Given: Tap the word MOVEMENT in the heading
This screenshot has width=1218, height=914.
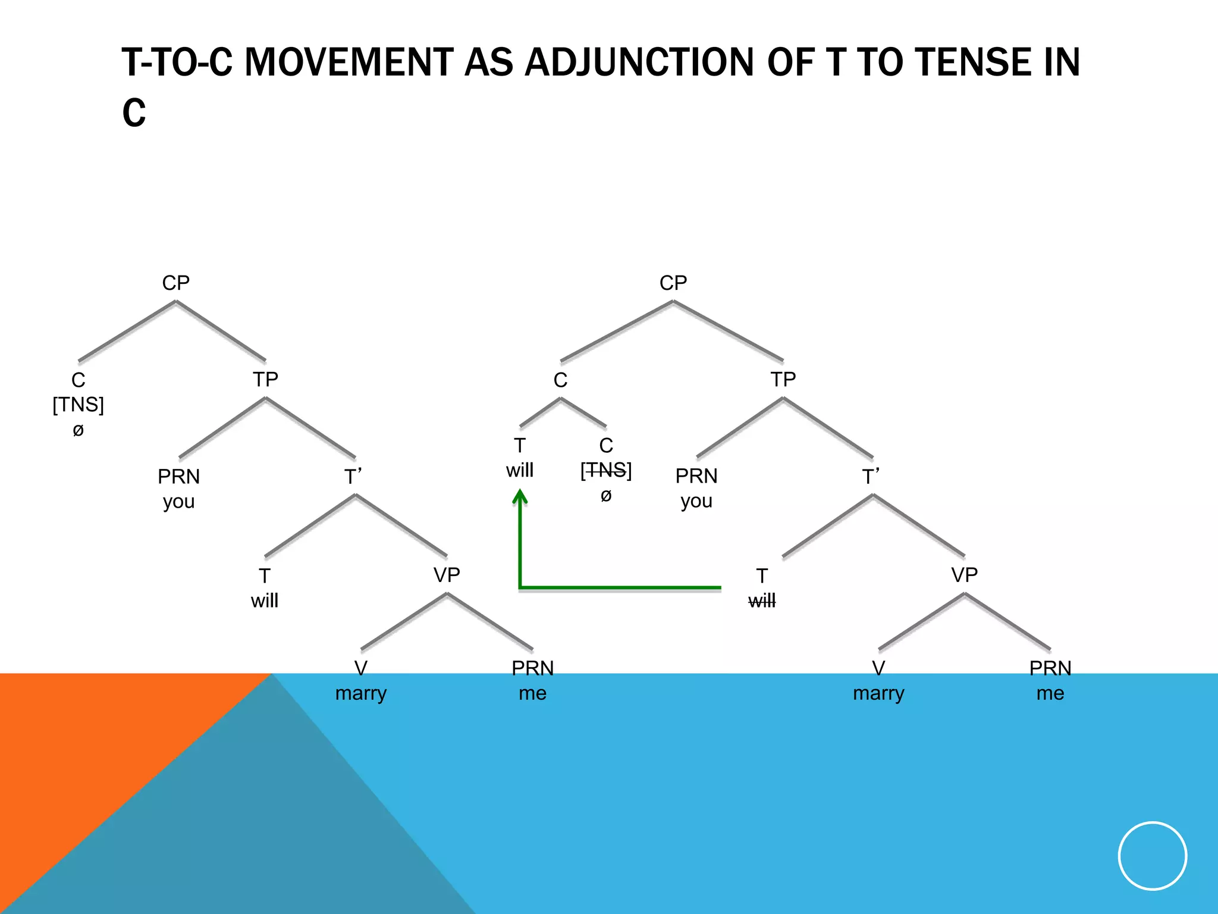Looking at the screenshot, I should pos(349,62).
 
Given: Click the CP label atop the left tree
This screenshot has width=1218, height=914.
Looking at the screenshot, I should pos(176,283).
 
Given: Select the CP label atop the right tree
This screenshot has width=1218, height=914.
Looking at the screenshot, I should pos(673,283).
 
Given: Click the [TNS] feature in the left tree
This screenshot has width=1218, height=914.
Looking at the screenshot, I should pos(79,405).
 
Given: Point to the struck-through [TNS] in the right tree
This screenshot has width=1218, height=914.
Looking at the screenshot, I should pos(606,471).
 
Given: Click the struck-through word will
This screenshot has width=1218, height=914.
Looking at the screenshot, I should pos(762,601).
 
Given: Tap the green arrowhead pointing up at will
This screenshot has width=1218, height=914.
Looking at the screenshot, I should pos(520,497).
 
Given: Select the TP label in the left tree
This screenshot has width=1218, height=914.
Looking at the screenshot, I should pos(265,379).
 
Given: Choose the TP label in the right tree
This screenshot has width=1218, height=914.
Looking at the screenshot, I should pos(783,379).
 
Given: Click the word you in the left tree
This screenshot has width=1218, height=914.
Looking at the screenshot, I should pos(179,502).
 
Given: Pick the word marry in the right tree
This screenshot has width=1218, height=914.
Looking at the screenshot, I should pos(878,693).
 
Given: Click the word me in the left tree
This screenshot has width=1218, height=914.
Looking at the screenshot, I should pos(532,693).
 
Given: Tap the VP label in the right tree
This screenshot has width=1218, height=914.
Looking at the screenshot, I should pos(964,575).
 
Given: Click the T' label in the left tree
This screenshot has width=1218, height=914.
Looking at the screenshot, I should pos(353,477).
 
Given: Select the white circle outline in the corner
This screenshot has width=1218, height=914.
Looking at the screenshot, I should pos(1153,856).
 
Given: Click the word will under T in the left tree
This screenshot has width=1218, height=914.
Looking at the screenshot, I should pos(265,601).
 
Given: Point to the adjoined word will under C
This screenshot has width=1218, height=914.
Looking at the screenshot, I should pos(520,471).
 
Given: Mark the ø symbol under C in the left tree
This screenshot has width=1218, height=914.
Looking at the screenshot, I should pos(79,430).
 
